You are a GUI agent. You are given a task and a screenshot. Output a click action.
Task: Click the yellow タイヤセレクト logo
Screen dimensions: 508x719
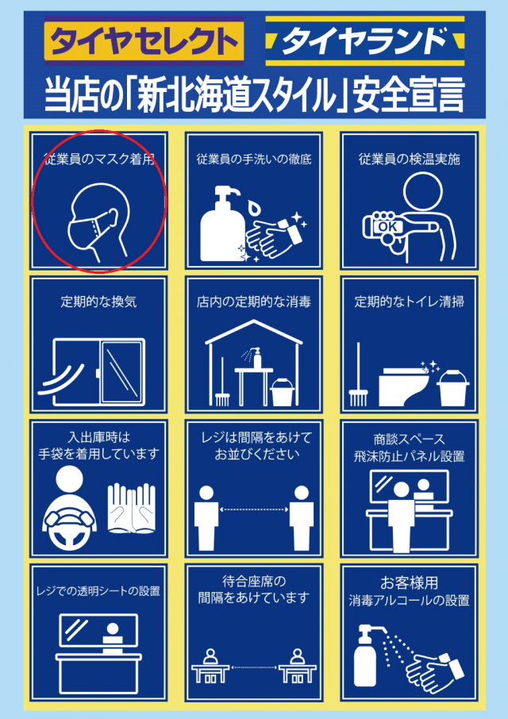143,41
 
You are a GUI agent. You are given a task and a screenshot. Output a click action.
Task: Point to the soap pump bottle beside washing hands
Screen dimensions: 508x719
222,226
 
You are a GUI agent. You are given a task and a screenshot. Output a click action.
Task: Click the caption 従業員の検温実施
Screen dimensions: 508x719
409,159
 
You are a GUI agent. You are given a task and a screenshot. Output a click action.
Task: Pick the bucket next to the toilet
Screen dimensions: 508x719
453,387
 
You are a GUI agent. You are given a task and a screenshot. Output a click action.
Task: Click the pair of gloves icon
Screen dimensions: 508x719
131,508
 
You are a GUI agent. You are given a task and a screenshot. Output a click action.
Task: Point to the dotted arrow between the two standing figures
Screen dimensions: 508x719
254,509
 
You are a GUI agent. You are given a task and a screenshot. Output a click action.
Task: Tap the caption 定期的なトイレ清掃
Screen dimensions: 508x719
409,302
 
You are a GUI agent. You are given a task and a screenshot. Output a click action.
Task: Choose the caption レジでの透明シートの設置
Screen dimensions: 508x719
98,591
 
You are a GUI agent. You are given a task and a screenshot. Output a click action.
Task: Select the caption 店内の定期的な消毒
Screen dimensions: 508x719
254,302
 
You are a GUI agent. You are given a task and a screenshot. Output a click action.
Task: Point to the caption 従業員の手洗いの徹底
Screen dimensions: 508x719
254,159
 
